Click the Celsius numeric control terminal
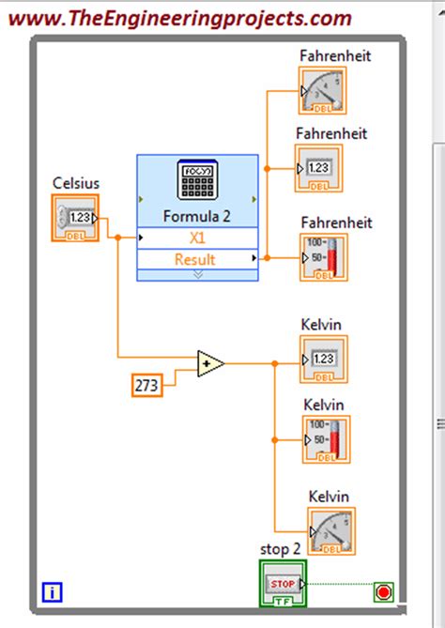[x=76, y=218]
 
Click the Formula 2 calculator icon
[x=197, y=181]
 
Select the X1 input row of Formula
[x=197, y=237]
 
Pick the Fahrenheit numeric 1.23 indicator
[x=319, y=168]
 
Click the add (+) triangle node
[x=210, y=363]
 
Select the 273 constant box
[x=147, y=385]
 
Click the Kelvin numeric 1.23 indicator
[x=323, y=360]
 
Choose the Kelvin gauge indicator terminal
[x=331, y=532]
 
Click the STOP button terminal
[x=283, y=583]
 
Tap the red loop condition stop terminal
[x=383, y=592]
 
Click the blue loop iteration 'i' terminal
[x=53, y=592]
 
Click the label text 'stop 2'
[x=281, y=549]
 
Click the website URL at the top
[x=182, y=17]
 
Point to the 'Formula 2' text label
[x=197, y=215]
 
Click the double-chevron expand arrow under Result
[x=197, y=275]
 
